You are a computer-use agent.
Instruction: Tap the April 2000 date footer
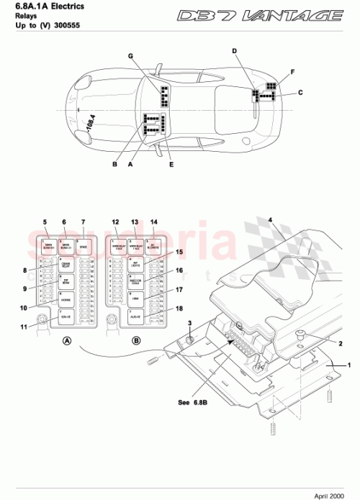[x=334, y=494]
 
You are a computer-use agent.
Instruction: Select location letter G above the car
[x=131, y=55]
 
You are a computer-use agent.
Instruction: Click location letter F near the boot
[x=292, y=73]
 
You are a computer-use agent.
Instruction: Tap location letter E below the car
[x=171, y=165]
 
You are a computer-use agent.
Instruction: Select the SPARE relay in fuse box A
[x=84, y=247]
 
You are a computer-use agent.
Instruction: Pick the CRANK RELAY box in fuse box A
[x=66, y=265]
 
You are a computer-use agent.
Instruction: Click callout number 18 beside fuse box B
[x=179, y=308]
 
